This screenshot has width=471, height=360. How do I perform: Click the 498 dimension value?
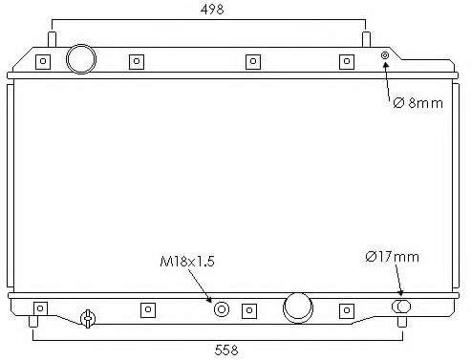(212, 10)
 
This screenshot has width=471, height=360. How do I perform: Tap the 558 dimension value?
(226, 349)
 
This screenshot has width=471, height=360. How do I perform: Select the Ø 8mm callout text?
(417, 103)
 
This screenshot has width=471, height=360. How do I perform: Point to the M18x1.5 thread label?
(187, 262)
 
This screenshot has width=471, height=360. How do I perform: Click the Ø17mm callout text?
(392, 257)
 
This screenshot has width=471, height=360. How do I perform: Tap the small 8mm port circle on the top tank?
(385, 55)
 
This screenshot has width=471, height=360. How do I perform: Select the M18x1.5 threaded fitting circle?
(222, 309)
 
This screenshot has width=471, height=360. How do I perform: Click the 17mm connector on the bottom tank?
(401, 307)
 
